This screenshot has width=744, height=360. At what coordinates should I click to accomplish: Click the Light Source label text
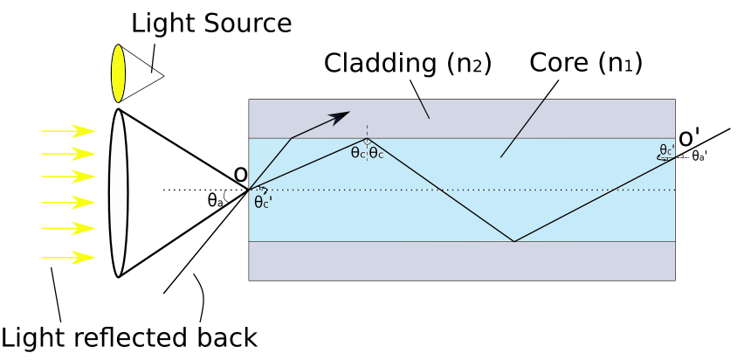click(x=211, y=24)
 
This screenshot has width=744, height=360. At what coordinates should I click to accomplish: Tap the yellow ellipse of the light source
click(x=119, y=73)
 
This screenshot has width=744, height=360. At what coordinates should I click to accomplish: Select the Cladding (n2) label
click(x=408, y=64)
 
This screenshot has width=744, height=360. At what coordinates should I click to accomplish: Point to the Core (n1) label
click(x=585, y=63)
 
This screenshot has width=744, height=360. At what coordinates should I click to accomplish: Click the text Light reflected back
click(x=128, y=338)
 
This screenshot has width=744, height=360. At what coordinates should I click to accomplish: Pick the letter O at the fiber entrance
click(x=241, y=175)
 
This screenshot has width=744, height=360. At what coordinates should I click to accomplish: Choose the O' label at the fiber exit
click(x=689, y=138)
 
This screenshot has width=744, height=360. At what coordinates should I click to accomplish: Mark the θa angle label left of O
click(x=216, y=200)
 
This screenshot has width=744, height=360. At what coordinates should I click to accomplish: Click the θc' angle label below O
click(x=263, y=203)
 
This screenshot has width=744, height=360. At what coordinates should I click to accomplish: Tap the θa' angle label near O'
click(x=699, y=157)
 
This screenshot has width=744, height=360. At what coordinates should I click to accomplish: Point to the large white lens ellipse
click(x=118, y=192)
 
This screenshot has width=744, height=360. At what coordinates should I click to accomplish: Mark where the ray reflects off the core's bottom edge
click(x=513, y=241)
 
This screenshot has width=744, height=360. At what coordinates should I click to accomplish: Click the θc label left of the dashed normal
click(x=358, y=154)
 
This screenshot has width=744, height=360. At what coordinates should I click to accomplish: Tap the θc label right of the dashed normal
click(x=376, y=154)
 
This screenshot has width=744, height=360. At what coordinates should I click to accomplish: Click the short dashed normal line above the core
click(x=367, y=130)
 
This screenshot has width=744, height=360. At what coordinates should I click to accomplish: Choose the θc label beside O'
click(x=666, y=149)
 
